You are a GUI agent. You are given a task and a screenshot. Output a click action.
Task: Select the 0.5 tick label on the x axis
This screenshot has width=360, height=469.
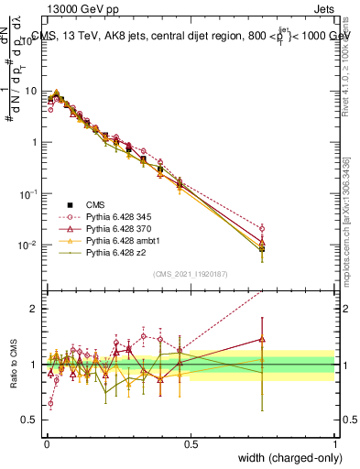click(191, 443)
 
